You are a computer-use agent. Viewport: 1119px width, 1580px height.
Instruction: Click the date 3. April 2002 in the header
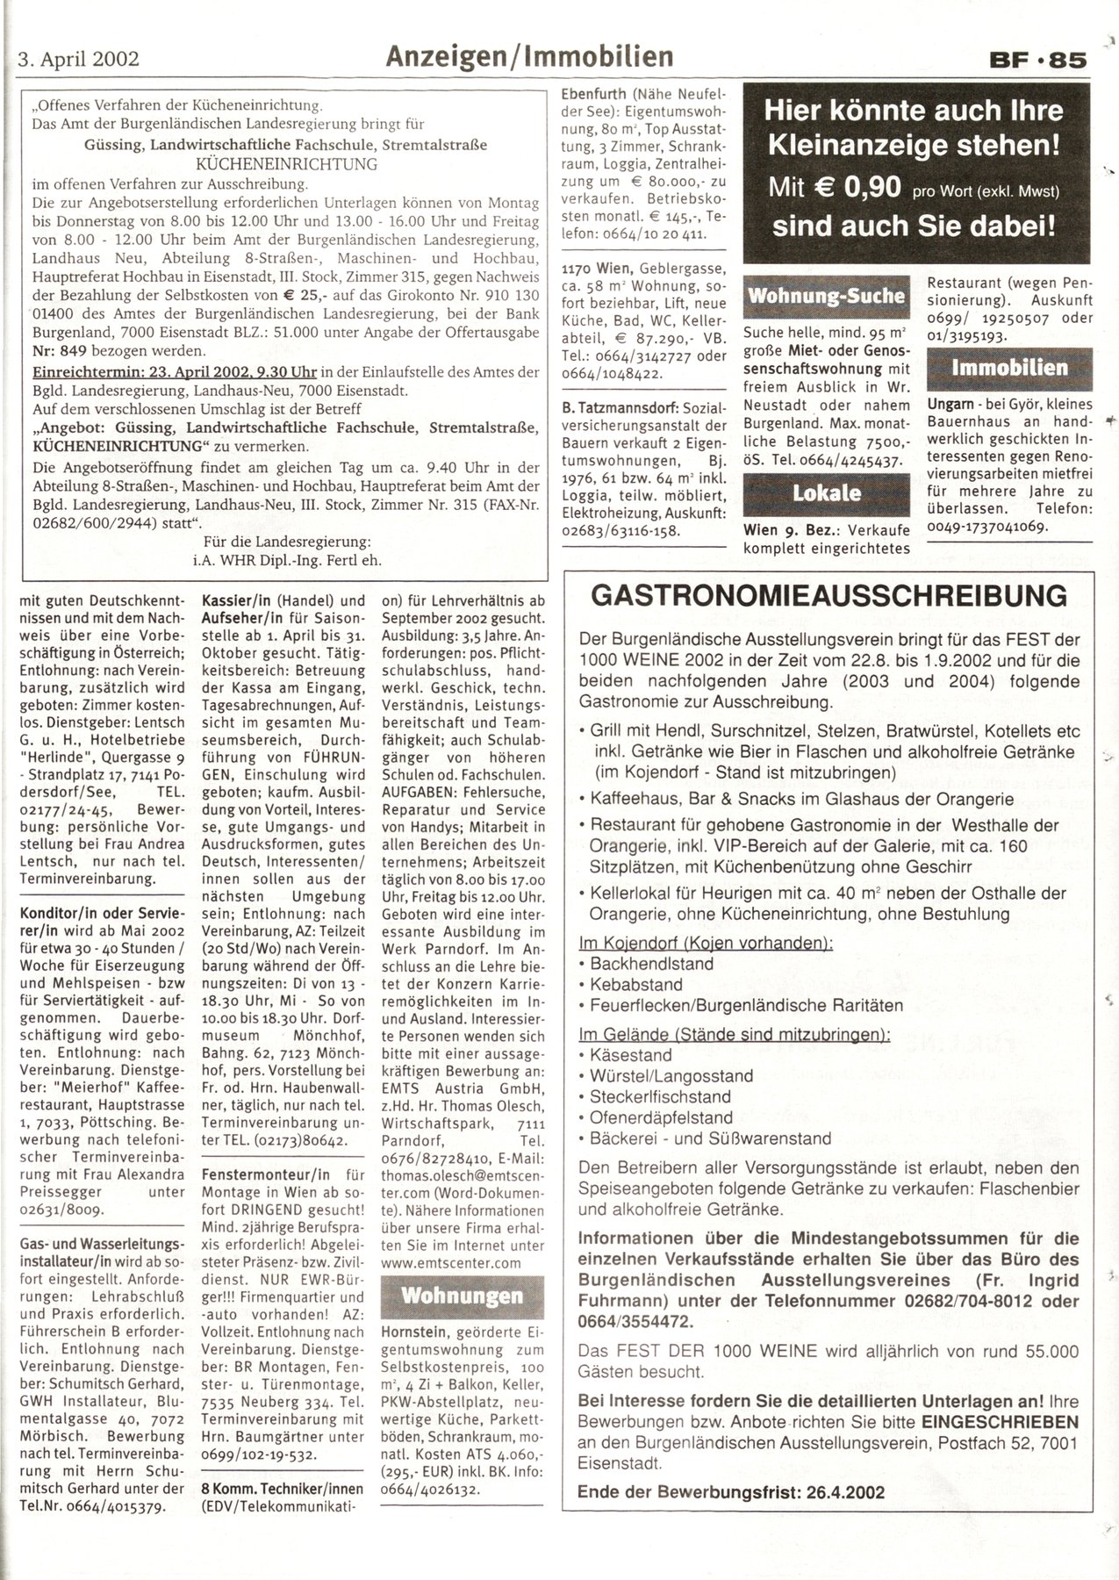[x=78, y=60]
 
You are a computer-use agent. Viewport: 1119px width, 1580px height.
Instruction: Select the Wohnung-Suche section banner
[x=826, y=296]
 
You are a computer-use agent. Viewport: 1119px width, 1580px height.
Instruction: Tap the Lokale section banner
[x=826, y=492]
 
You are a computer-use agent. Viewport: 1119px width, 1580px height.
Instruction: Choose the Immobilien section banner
[x=1009, y=368]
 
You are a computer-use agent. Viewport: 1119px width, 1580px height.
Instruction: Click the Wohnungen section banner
[x=462, y=1295]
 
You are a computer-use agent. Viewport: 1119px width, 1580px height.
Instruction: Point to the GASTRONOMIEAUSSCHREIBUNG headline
[x=829, y=597]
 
